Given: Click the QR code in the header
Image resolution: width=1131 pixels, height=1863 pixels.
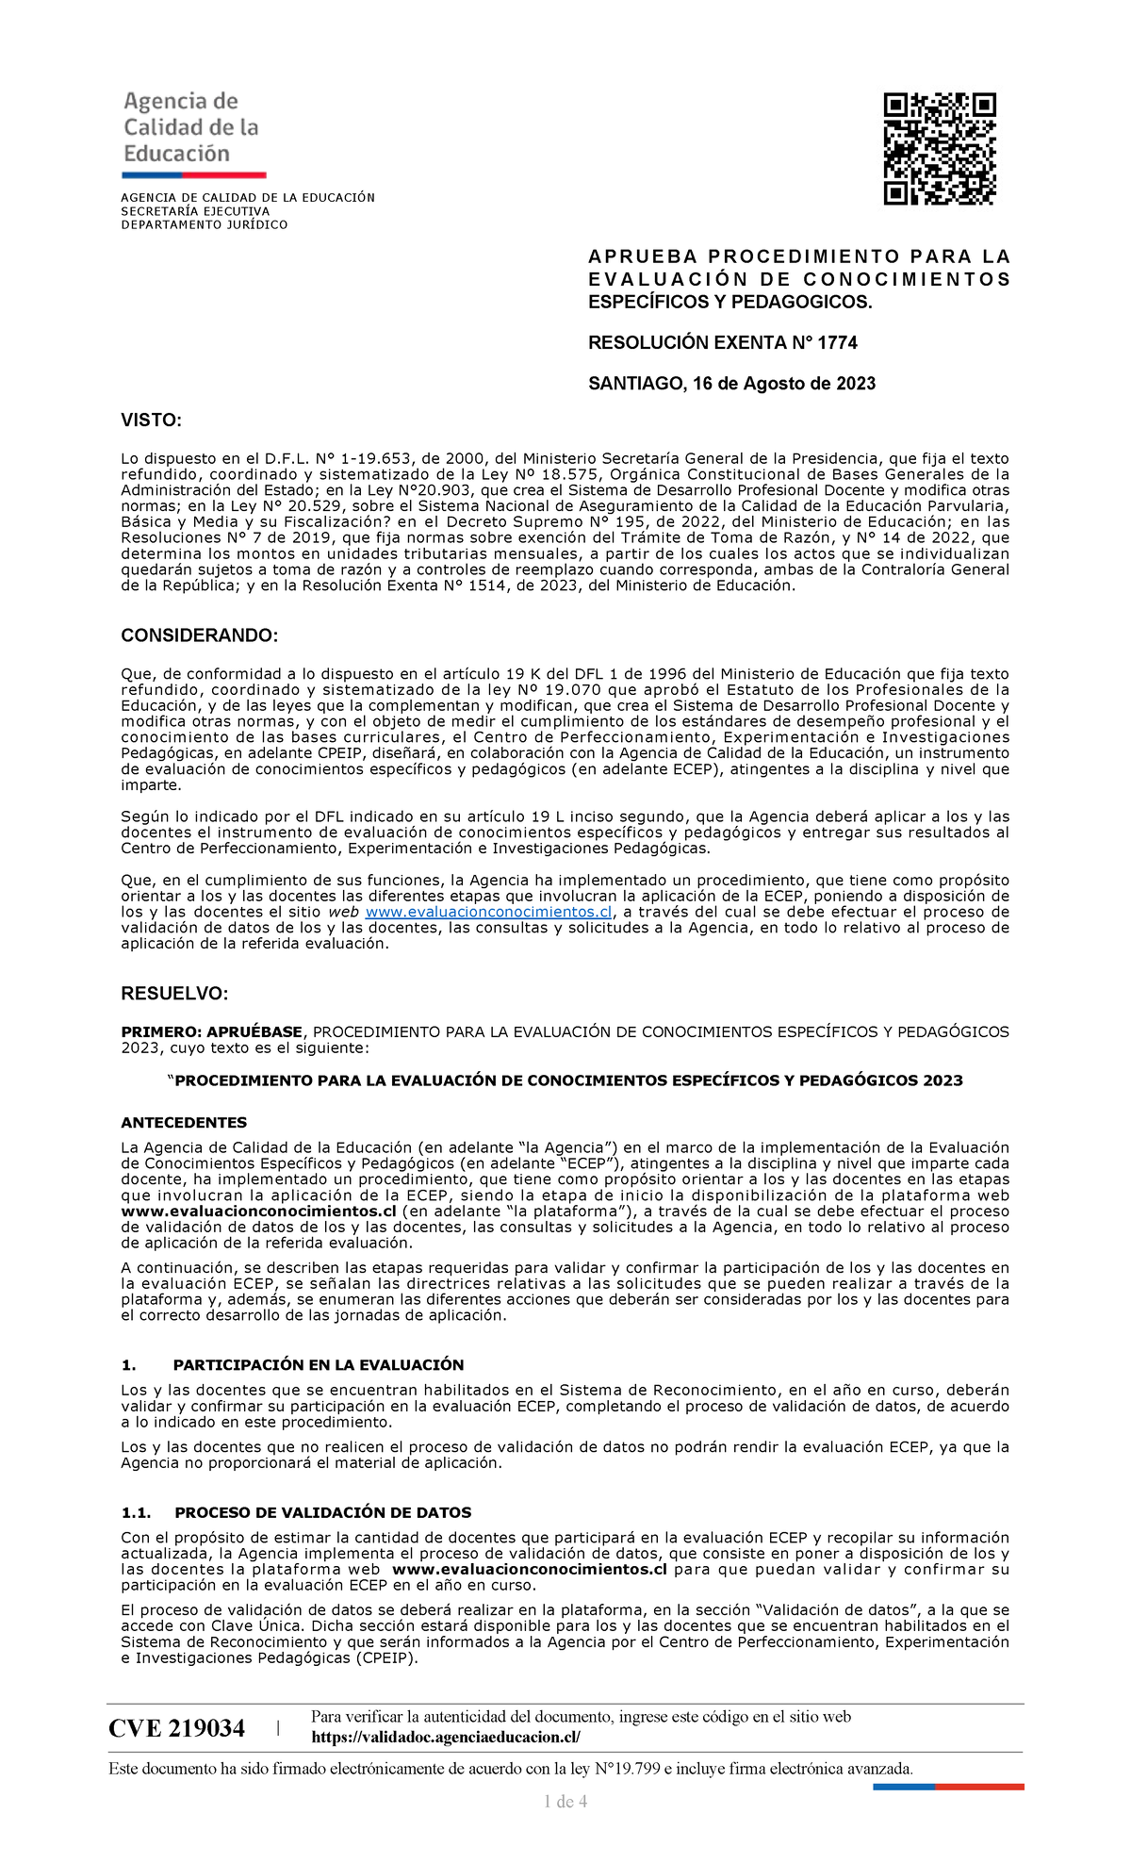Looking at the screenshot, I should pos(940,148).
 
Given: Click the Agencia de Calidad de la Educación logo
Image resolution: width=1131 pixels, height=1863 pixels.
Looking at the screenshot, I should pos(192,133).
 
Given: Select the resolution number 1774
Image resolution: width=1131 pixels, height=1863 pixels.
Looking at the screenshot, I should pos(837,342).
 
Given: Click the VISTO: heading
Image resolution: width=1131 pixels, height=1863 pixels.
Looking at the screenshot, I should pos(151,420).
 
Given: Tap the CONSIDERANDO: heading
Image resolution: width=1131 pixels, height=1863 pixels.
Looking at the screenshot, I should pos(199,635).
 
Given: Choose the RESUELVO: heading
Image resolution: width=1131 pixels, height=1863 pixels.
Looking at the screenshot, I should pos(174,994).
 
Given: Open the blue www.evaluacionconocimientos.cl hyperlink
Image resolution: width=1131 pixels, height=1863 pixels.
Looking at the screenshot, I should pos(488,912).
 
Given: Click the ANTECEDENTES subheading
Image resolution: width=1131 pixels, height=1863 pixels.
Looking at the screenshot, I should pos(184,1122).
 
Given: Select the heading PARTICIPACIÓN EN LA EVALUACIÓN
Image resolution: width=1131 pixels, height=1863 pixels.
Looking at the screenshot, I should pos(319,1364).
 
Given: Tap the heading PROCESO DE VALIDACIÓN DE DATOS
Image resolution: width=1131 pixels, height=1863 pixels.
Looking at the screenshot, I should pos(323,1512).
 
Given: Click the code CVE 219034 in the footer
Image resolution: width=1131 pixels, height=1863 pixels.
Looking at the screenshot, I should pos(176,1728).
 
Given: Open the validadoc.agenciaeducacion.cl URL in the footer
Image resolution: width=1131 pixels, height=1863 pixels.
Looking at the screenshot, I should pos(445,1737).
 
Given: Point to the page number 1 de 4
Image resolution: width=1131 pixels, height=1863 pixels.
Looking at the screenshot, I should pos(565,1802).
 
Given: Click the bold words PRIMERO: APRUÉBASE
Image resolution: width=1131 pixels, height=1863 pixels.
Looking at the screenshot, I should pos(211,1031).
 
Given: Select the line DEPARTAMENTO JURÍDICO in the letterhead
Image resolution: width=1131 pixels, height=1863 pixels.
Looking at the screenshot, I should pos(204,224).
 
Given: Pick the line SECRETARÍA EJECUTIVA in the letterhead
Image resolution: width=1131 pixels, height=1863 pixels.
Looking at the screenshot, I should pos(195,211).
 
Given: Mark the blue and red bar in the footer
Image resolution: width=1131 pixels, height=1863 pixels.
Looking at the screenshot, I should pos(948,1786).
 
